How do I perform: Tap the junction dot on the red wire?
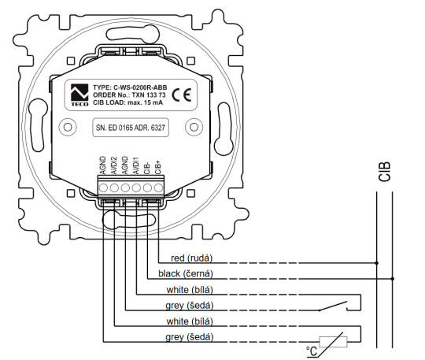pos(377,263)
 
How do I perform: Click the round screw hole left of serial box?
pos(69,127)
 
